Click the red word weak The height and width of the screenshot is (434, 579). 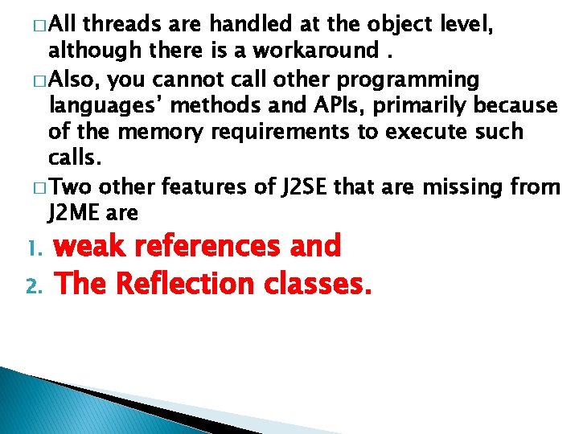pyautogui.click(x=86, y=246)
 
